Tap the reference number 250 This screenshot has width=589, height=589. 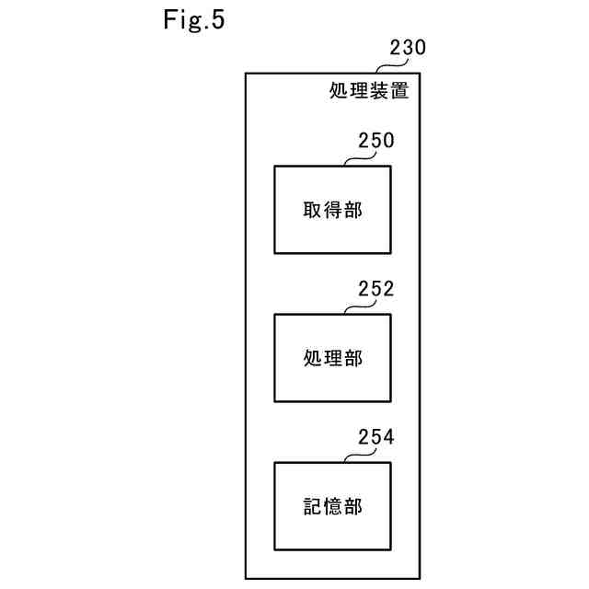click(x=375, y=141)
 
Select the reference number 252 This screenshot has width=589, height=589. click(x=375, y=289)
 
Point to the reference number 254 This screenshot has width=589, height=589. click(x=375, y=437)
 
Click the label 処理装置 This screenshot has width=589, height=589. click(x=369, y=91)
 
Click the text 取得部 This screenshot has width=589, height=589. click(x=332, y=210)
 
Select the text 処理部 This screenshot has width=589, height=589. click(x=332, y=358)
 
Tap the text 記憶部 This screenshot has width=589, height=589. click(x=332, y=506)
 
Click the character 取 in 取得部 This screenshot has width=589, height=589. click(x=313, y=210)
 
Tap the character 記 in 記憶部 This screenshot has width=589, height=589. click(x=313, y=506)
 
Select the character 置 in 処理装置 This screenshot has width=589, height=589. click(x=399, y=91)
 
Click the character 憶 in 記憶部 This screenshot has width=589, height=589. click(x=332, y=506)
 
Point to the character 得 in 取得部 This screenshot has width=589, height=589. click(x=332, y=210)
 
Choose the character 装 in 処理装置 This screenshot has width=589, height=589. click(x=379, y=91)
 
